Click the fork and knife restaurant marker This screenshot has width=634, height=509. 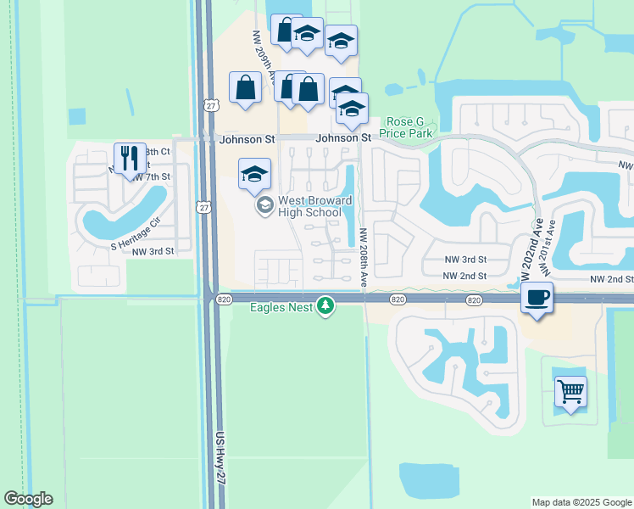pyautogui.click(x=130, y=159)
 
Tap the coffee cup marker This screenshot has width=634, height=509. pyautogui.click(x=536, y=298)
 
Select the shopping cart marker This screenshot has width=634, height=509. pyautogui.click(x=570, y=392)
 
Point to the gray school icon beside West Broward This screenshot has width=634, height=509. pyautogui.click(x=264, y=205)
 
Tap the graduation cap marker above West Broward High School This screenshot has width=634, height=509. pyautogui.click(x=254, y=175)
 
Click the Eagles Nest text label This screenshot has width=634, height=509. pyautogui.click(x=281, y=306)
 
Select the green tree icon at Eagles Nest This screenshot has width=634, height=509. pyautogui.click(x=325, y=305)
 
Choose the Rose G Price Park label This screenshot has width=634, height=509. pyautogui.click(x=410, y=127)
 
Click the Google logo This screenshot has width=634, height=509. pyautogui.click(x=28, y=499)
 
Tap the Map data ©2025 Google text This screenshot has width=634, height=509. pyautogui.click(x=581, y=502)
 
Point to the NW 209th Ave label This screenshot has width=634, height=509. pyautogui.click(x=262, y=55)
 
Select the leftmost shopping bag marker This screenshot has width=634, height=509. pyautogui.click(x=246, y=87)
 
